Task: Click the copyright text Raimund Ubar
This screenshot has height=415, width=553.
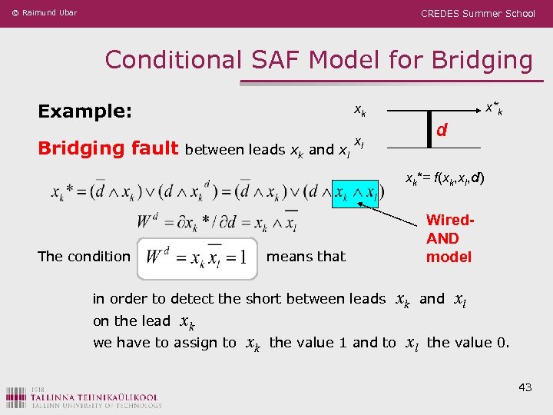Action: coord(44,13)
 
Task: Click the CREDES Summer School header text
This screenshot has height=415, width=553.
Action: coord(478,13)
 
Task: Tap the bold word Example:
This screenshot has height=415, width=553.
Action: coord(85,111)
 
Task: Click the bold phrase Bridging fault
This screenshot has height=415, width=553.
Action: coord(108,148)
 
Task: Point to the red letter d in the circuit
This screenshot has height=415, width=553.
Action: coord(442,131)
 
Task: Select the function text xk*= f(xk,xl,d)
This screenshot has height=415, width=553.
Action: coord(445,178)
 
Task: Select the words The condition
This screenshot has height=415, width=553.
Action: coord(84,257)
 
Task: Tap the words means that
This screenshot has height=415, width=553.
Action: coord(306,257)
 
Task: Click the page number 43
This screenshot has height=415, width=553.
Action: coord(525,387)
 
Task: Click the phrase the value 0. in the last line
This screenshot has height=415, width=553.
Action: coord(468,343)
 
